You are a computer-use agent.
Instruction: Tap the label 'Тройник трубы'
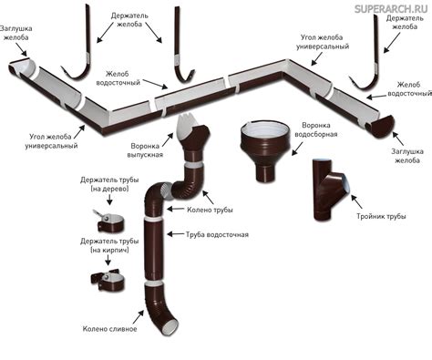(381, 217)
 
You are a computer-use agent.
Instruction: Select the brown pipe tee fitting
(331, 190)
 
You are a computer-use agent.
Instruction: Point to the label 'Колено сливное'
(109, 329)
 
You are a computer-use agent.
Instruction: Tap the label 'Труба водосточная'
(217, 235)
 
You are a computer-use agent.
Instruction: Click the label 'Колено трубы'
(210, 210)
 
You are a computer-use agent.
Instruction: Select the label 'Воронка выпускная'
(145, 150)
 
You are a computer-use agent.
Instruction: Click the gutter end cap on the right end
(380, 126)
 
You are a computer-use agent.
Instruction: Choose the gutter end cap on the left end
(23, 69)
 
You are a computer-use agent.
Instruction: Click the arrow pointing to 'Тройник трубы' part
(356, 201)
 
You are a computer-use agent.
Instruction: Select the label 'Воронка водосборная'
(316, 129)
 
